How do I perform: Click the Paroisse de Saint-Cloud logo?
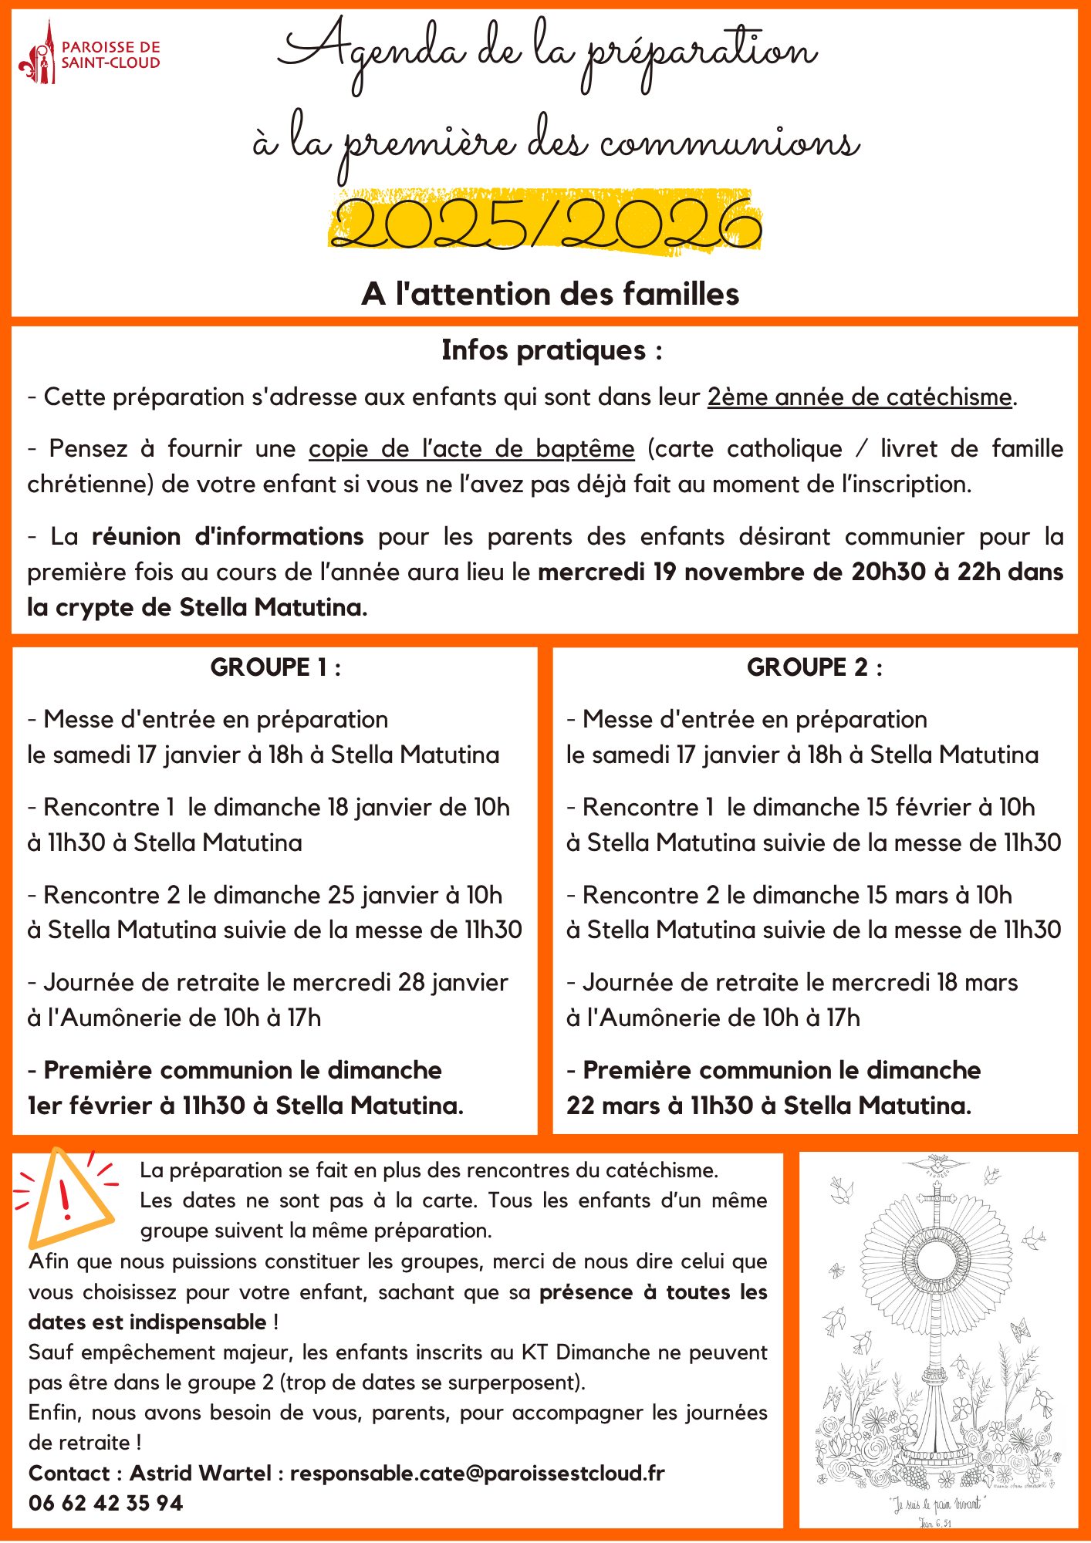click(89, 54)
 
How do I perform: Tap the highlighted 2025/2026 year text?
click(546, 224)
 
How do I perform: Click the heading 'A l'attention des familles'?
click(550, 294)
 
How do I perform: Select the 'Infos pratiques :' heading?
click(552, 350)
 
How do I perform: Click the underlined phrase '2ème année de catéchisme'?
click(860, 397)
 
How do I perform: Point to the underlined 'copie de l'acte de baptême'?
click(471, 448)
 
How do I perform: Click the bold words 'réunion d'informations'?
click(228, 536)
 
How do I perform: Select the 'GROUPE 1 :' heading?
click(275, 667)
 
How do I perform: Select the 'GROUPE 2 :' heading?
click(814, 667)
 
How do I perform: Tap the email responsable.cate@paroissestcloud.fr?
click(477, 1473)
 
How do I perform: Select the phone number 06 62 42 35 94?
click(106, 1503)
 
